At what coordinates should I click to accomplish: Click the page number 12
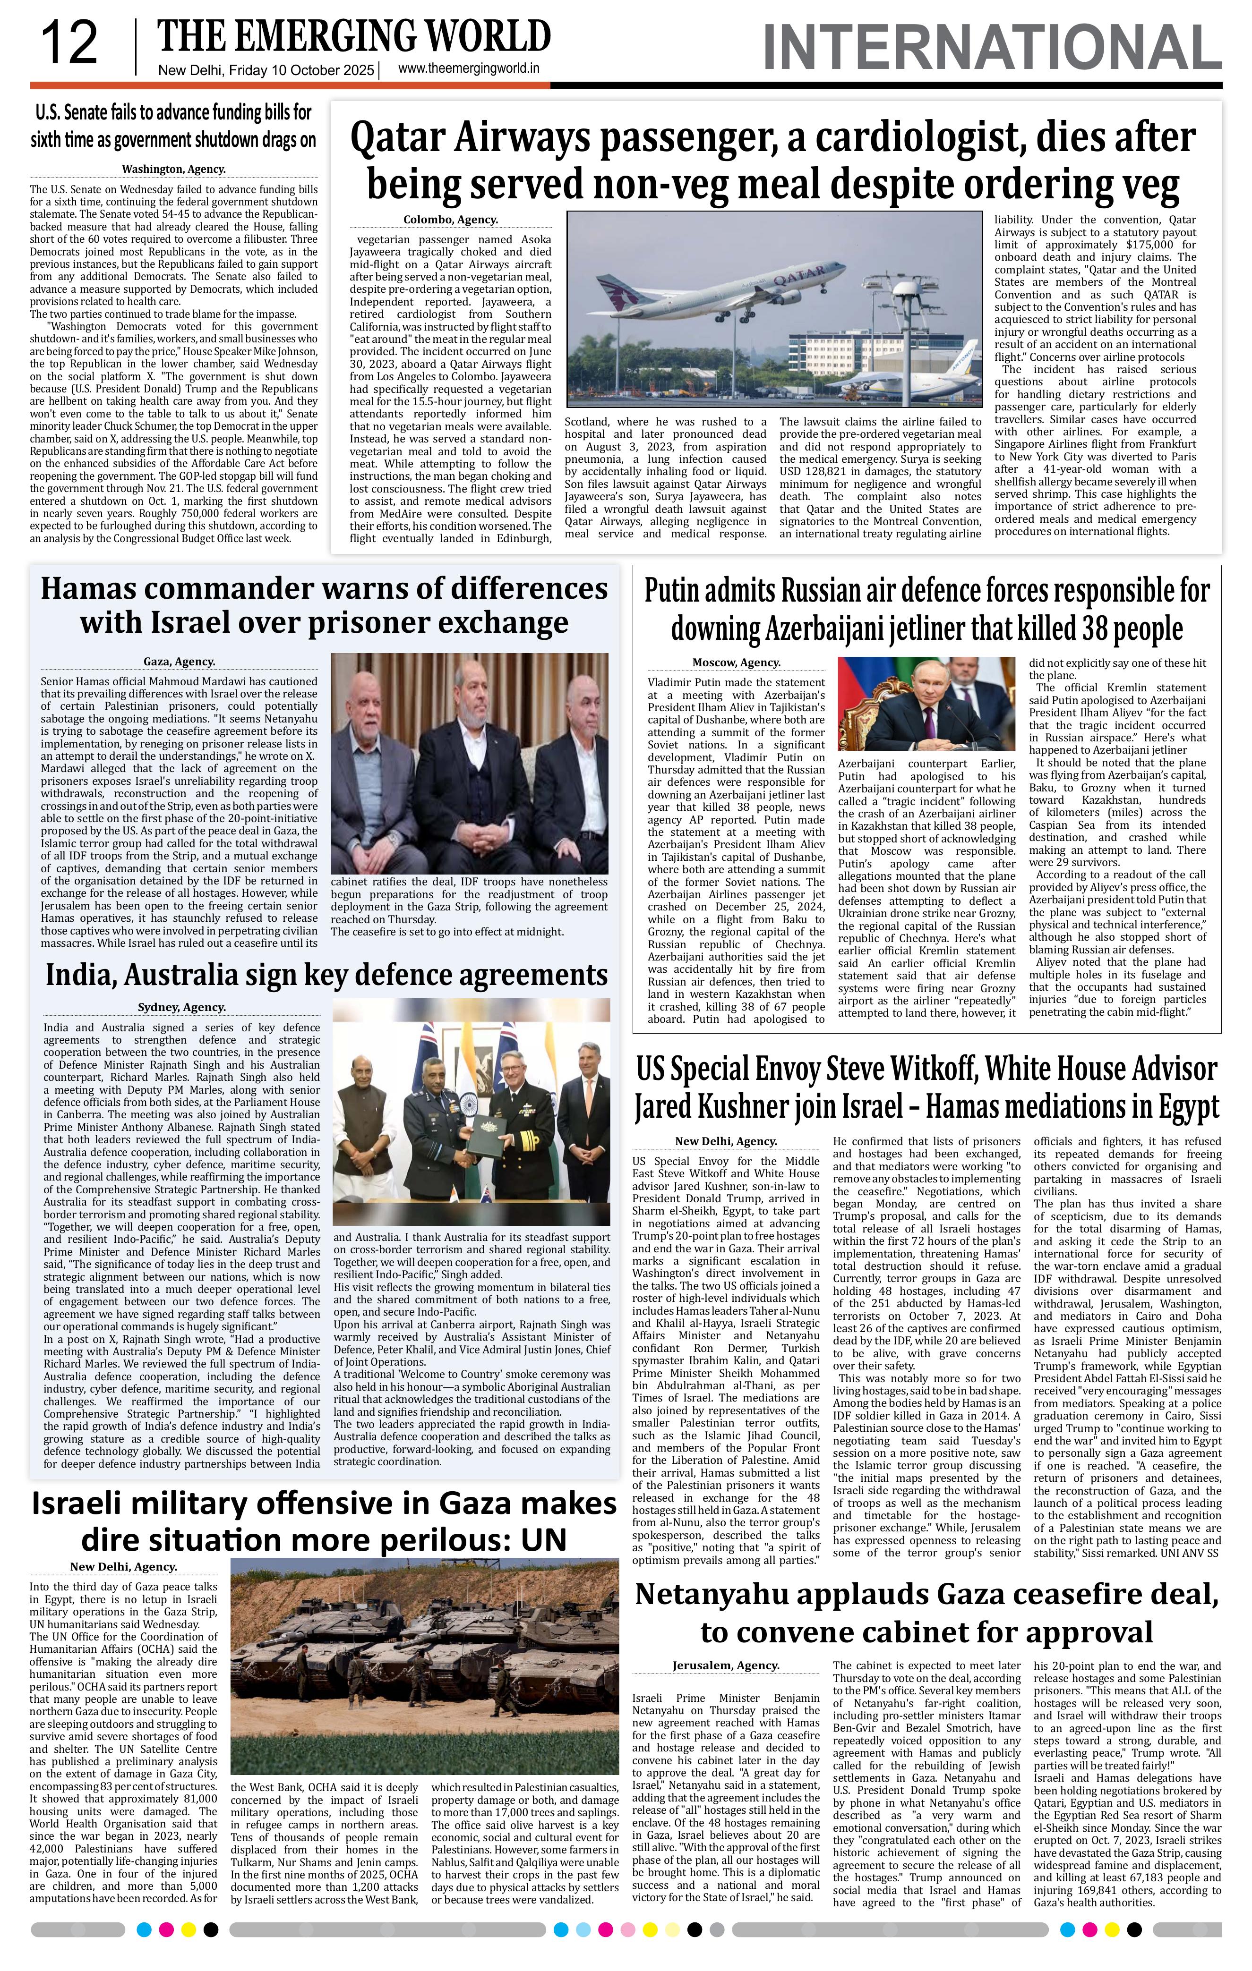tap(69, 43)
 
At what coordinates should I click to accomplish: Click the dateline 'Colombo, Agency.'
tap(450, 220)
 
